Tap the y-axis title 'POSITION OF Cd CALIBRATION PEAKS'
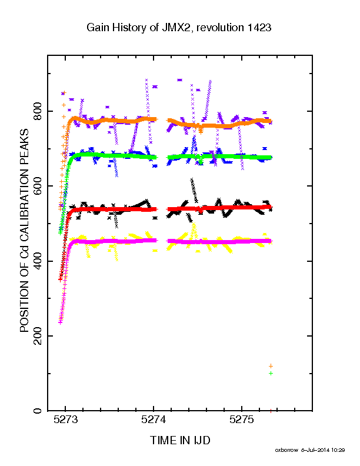pyautogui.click(x=24, y=231)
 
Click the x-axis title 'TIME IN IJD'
pyautogui.click(x=181, y=440)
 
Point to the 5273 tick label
pyautogui.click(x=66, y=420)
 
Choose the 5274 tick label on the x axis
pyautogui.click(x=154, y=420)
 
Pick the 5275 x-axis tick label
pyautogui.click(x=242, y=420)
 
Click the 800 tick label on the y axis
pyautogui.click(x=38, y=111)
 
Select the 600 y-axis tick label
pyautogui.click(x=38, y=186)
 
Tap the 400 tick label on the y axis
pyautogui.click(x=38, y=261)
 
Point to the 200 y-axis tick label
pyautogui.click(x=38, y=336)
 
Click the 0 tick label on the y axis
pyautogui.click(x=38, y=411)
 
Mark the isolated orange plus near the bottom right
pyautogui.click(x=271, y=366)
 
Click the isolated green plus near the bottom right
pyautogui.click(x=271, y=373)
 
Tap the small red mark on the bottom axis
pyautogui.click(x=271, y=411)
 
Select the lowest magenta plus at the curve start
pyautogui.click(x=61, y=322)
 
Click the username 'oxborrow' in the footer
pyautogui.click(x=286, y=450)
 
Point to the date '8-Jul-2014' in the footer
pyautogui.click(x=315, y=450)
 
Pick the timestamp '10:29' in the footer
pyautogui.click(x=338, y=450)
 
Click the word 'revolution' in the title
pyautogui.click(x=220, y=28)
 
